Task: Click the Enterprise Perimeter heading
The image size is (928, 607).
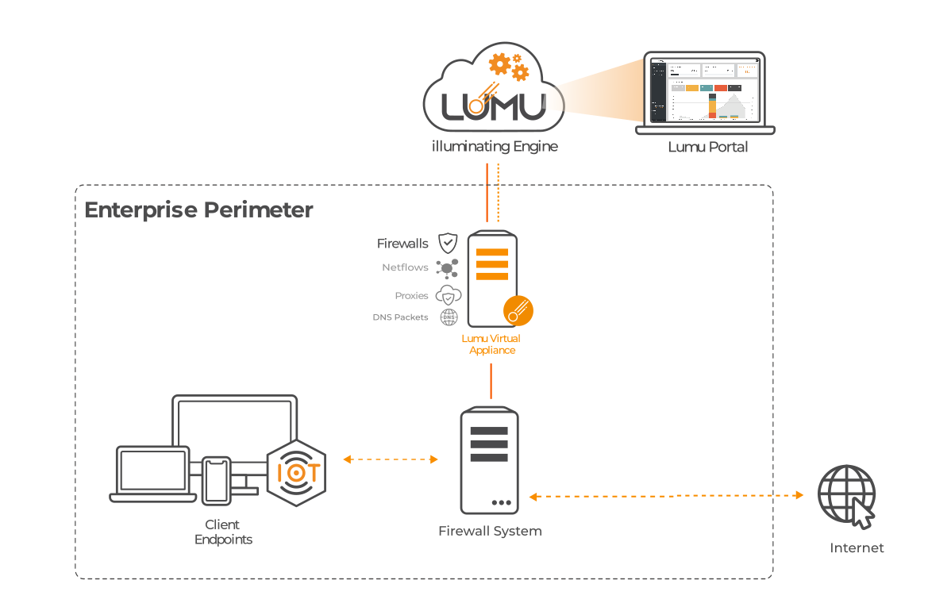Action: [x=198, y=210]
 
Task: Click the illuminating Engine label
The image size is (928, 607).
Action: [x=494, y=147]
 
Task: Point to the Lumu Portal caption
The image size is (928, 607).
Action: [x=707, y=147]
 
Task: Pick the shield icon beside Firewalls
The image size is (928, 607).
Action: [x=449, y=243]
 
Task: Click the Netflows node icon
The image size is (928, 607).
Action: [x=448, y=269]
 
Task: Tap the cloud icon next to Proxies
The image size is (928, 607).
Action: [x=449, y=295]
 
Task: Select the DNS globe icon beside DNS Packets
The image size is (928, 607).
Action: [x=449, y=317]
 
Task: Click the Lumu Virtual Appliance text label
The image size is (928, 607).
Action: [x=492, y=344]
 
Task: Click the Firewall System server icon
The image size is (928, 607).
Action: [x=489, y=460]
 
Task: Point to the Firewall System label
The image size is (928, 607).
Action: [x=490, y=531]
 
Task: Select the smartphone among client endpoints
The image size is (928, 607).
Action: [x=216, y=481]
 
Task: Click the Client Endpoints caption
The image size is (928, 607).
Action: [x=223, y=532]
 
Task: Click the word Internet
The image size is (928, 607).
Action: [x=857, y=547]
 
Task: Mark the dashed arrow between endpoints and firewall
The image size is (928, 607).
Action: [x=391, y=459]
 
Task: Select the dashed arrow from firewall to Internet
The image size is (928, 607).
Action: [x=666, y=496]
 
